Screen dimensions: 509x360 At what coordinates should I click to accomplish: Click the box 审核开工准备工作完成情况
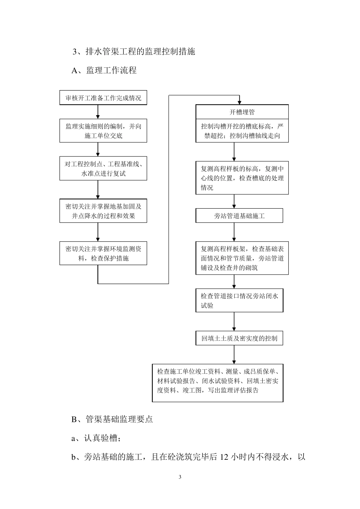tap(103, 98)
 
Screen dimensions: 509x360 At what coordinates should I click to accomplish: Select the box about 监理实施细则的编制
tap(103, 131)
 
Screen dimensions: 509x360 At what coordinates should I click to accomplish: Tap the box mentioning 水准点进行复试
tap(103, 169)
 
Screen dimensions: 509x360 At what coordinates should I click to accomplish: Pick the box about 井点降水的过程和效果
tap(103, 211)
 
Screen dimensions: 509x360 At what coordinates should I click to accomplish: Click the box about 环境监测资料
tap(103, 253)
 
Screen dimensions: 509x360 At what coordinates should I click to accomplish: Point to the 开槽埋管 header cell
tap(242, 112)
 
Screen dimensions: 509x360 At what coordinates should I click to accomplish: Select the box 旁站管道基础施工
tap(239, 216)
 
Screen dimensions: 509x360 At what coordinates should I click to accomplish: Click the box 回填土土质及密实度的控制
tap(239, 338)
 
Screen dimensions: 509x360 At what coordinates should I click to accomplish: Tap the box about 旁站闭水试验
tap(239, 301)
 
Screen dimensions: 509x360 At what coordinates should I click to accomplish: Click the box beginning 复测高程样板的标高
tap(242, 178)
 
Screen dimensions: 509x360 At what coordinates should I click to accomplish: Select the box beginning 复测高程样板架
tap(242, 258)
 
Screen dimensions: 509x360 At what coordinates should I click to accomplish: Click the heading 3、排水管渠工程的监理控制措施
tap(134, 52)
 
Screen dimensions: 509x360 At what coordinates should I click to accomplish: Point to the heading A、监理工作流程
tap(104, 70)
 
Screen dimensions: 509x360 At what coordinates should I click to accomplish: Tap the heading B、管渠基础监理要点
tap(112, 419)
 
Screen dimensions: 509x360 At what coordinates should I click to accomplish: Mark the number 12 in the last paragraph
tap(224, 457)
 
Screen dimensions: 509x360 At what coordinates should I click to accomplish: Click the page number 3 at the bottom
tap(180, 477)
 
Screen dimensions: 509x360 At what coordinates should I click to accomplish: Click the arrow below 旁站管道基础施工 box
tap(234, 232)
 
